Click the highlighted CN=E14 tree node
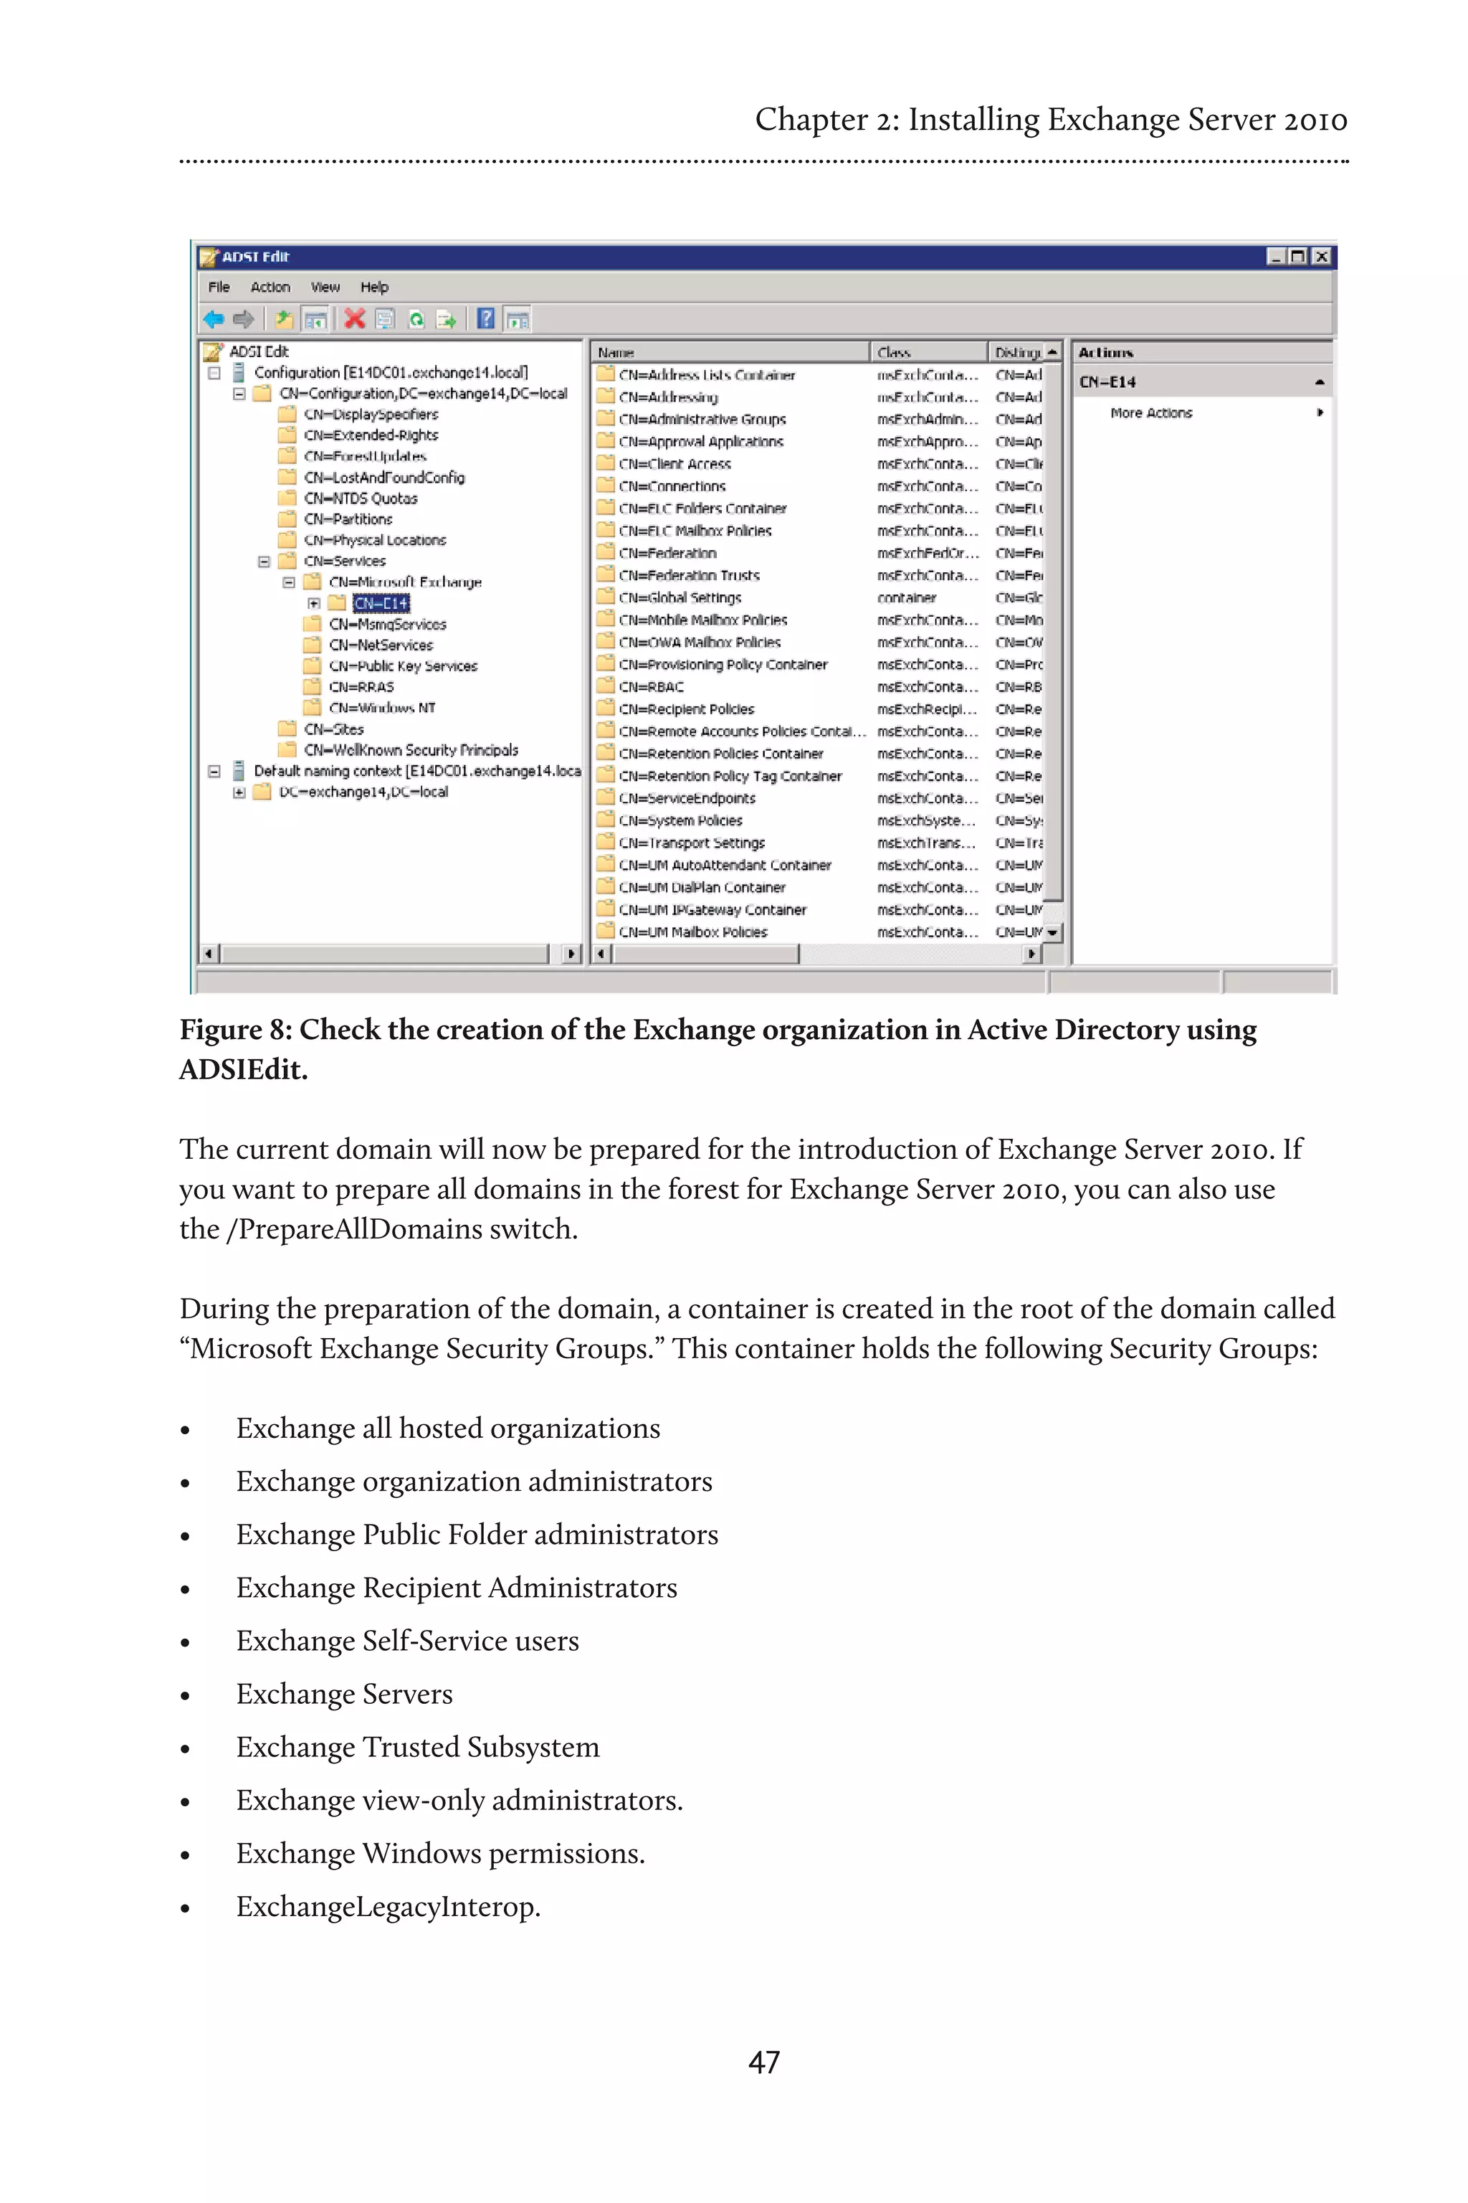[x=381, y=603]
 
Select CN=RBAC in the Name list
[x=651, y=686]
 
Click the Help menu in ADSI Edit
[x=374, y=288]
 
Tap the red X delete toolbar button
[x=354, y=319]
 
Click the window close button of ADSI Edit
[x=1321, y=257]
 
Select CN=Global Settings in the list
[x=680, y=597]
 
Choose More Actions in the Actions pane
[x=1150, y=413]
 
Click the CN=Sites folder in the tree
[x=333, y=729]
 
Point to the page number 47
[x=764, y=2062]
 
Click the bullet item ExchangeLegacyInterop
[x=388, y=1906]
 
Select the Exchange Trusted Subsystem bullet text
[x=418, y=1747]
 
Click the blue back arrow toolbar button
[x=214, y=319]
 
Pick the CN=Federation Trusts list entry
[x=689, y=575]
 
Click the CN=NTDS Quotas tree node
[x=361, y=498]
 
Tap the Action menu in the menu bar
[x=270, y=288]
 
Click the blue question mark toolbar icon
[x=485, y=319]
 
